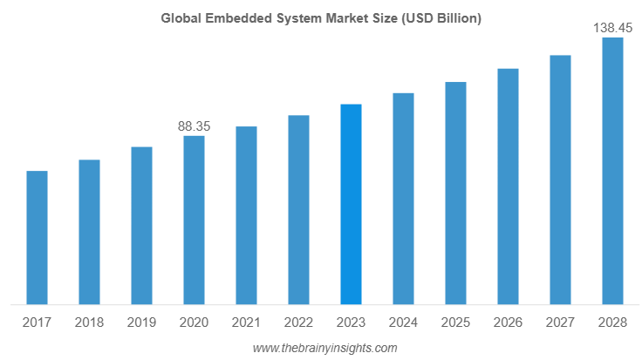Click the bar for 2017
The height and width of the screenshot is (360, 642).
pyautogui.click(x=37, y=237)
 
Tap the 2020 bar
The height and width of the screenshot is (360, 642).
pyautogui.click(x=194, y=220)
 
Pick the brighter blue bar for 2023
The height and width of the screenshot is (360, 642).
pyautogui.click(x=351, y=204)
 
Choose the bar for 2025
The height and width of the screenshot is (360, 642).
pyautogui.click(x=455, y=193)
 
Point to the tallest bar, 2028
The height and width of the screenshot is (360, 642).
pyautogui.click(x=612, y=171)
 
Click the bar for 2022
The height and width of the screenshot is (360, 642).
pyautogui.click(x=298, y=209)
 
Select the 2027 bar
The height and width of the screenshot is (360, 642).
pyautogui.click(x=560, y=180)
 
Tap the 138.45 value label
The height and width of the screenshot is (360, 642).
pyautogui.click(x=612, y=28)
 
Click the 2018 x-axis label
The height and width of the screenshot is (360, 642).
pyautogui.click(x=89, y=323)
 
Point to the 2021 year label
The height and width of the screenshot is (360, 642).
pyautogui.click(x=246, y=323)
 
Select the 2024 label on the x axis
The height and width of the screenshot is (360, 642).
pyautogui.click(x=403, y=323)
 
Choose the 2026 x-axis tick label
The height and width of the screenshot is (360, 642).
pyautogui.click(x=508, y=323)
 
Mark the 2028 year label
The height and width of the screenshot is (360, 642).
pyautogui.click(x=612, y=323)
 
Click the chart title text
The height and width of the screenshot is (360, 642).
pyautogui.click(x=321, y=18)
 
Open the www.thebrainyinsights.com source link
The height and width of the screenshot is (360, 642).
pyautogui.click(x=324, y=348)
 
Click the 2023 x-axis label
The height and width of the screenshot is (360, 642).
pyautogui.click(x=351, y=323)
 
